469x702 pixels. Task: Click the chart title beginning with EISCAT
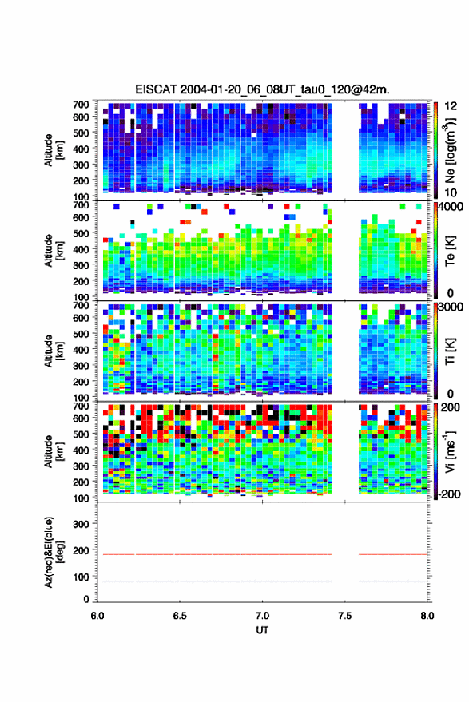pos(262,89)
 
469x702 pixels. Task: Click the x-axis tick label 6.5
pos(180,616)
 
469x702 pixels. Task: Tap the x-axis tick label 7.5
pos(344,616)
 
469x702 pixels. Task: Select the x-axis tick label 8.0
pos(427,616)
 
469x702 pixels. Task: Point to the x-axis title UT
pos(262,630)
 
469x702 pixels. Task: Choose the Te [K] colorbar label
pos(450,251)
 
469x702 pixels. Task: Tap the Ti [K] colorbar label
pos(450,351)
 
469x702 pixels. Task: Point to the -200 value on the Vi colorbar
pos(449,494)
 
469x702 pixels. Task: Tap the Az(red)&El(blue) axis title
pos(54,552)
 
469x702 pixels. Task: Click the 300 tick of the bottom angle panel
pos(81,523)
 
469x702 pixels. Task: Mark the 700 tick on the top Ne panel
pos(81,104)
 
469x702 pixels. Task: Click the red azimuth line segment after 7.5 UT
pos(393,554)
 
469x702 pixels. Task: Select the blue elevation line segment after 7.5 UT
pos(393,581)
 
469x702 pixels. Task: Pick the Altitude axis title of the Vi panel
pos(54,451)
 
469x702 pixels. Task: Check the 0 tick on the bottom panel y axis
pos(86,599)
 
